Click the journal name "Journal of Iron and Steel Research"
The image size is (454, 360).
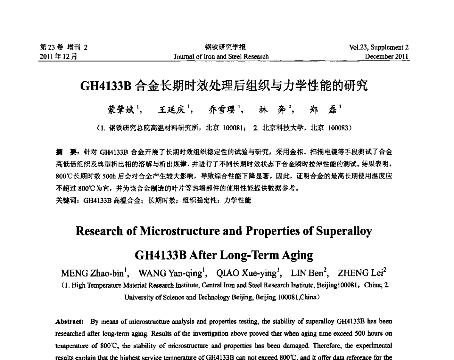pos(221,57)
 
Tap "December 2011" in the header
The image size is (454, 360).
pos(387,57)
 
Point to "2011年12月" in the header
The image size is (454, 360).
pos(59,57)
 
